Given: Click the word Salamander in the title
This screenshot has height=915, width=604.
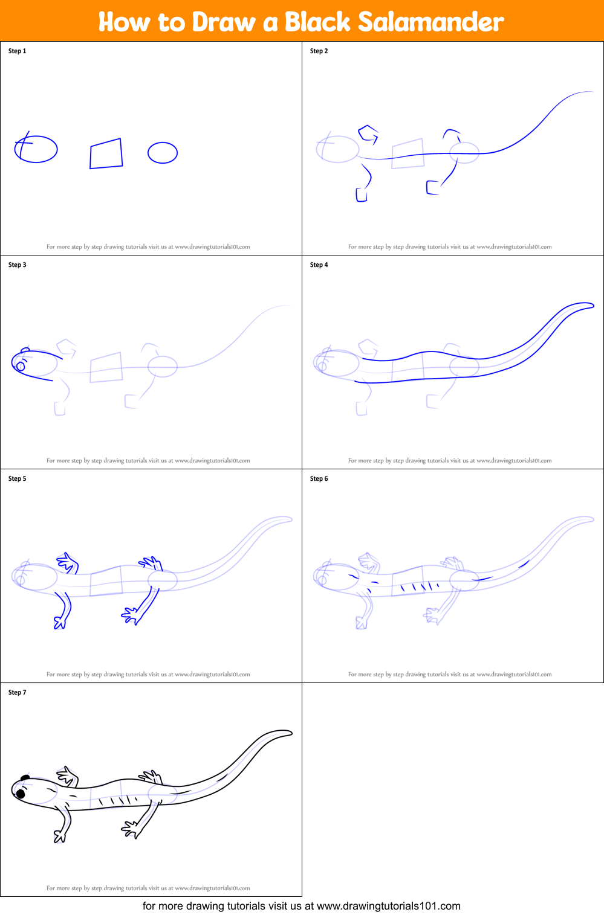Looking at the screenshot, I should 430,22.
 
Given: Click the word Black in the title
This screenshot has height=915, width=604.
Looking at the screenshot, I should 317,22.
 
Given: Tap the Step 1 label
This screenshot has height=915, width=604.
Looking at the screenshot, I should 17,51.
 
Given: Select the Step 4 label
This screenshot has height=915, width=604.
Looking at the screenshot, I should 319,265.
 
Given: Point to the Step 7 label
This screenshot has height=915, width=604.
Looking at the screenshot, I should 17,693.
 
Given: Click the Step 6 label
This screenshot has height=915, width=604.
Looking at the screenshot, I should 319,479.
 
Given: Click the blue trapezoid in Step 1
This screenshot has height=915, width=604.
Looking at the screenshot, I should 106,153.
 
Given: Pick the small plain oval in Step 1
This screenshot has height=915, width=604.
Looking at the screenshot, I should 163,153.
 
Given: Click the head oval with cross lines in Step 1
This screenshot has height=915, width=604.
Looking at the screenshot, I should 36,149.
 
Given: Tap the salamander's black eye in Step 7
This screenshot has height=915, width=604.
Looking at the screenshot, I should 21,794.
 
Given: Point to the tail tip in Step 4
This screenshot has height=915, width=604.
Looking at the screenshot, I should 591,306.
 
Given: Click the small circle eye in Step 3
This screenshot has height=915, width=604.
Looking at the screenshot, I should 21,366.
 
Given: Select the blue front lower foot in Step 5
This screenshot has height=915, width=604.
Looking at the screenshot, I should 60,622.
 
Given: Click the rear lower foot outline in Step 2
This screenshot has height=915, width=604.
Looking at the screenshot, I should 432,188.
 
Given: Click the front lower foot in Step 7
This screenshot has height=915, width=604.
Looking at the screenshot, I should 59,836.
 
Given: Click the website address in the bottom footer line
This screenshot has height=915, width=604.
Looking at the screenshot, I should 388,906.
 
